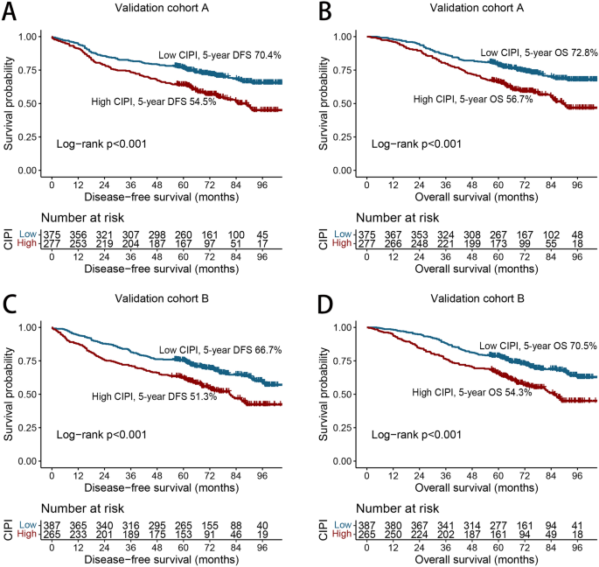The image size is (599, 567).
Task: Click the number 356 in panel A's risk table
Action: tap(84, 234)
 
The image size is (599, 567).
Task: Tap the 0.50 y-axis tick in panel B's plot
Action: tap(345, 103)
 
